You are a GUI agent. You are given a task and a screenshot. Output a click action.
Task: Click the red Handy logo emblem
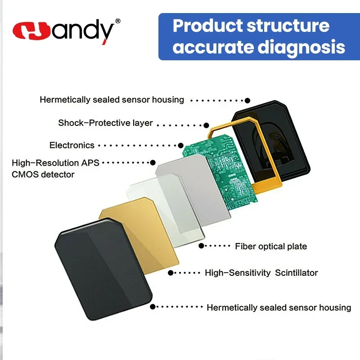[x=31, y=31]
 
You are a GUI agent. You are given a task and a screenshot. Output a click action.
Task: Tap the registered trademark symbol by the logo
[x=117, y=21]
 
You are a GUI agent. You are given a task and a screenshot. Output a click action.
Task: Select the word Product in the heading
[x=207, y=26]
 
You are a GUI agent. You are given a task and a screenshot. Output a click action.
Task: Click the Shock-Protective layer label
[x=105, y=123]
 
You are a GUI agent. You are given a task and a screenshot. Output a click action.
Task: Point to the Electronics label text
[x=72, y=145]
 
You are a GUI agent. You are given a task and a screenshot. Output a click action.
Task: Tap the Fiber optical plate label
[x=271, y=246]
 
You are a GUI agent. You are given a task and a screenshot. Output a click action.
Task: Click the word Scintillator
[x=297, y=273]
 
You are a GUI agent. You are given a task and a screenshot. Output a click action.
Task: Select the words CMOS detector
[x=43, y=175]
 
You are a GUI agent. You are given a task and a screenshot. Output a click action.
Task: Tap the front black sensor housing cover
[x=103, y=269]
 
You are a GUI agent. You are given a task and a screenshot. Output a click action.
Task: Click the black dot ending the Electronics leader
[x=181, y=145]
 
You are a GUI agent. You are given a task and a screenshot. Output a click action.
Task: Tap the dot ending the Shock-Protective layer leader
[x=206, y=125]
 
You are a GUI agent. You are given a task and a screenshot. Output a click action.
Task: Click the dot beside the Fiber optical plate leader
[x=201, y=246]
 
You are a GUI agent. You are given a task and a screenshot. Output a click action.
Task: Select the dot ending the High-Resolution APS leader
[x=153, y=163]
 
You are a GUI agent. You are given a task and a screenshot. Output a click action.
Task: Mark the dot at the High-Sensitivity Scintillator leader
[x=171, y=273]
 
